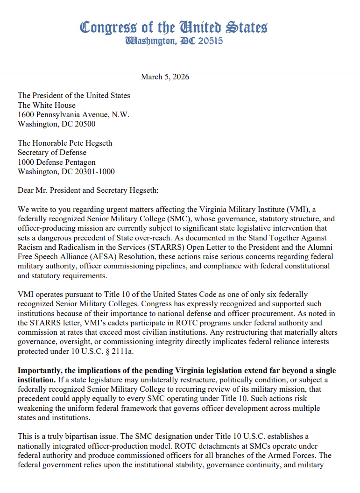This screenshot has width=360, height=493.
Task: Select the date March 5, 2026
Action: (165, 77)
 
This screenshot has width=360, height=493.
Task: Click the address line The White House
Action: (46, 105)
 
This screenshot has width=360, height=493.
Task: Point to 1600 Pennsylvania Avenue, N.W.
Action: (73, 114)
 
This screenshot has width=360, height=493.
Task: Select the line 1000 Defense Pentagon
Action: (56, 162)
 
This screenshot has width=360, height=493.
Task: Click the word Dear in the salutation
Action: (27, 190)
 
